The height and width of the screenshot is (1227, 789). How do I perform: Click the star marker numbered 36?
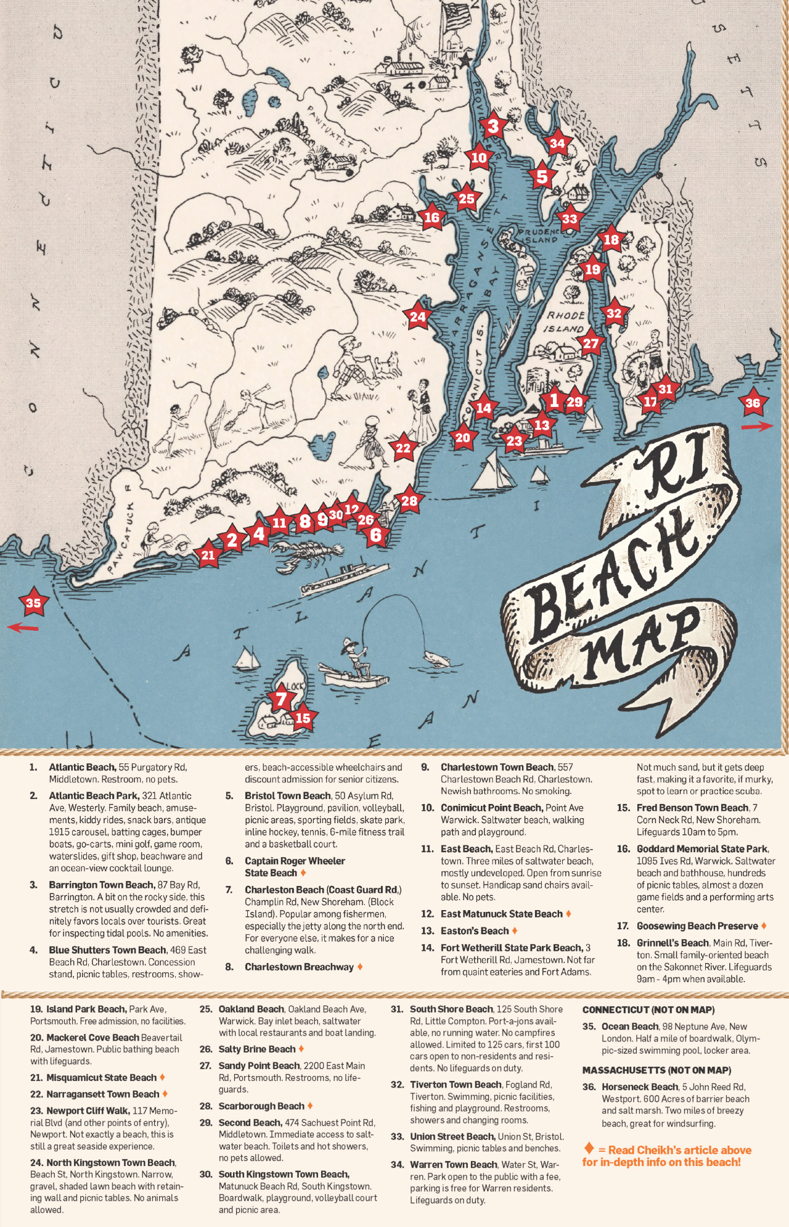[x=753, y=403]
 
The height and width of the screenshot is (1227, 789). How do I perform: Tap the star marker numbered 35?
[x=33, y=603]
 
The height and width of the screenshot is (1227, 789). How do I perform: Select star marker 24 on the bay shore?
[x=417, y=317]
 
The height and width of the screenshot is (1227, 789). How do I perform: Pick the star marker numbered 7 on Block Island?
[x=281, y=699]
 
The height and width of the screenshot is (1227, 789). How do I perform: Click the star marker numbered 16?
[x=431, y=217]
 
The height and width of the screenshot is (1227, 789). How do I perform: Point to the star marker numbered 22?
[x=403, y=448]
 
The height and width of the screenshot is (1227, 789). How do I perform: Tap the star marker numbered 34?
[x=557, y=144]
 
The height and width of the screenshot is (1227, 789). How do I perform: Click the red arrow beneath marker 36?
[x=756, y=426]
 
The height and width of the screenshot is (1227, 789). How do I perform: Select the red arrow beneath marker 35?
[x=23, y=628]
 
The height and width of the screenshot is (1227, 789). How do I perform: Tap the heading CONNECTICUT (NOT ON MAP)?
[x=648, y=1010]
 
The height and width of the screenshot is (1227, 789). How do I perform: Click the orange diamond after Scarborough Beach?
[x=310, y=1106]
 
